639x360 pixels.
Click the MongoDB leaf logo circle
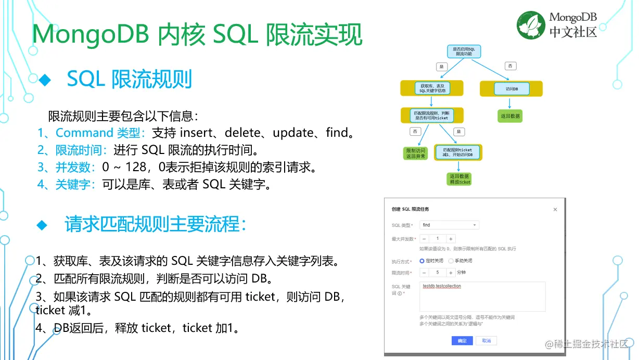(531, 25)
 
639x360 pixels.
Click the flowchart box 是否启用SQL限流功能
(464, 51)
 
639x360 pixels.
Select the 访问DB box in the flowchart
(511, 89)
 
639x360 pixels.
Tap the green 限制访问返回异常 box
(415, 153)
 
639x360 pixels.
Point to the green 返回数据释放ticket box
(459, 179)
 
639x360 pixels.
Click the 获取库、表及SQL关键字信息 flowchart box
(432, 88)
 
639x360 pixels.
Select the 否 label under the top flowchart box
(509, 66)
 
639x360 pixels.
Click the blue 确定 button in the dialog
(462, 341)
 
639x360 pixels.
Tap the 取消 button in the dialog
(487, 341)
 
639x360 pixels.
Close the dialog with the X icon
(555, 210)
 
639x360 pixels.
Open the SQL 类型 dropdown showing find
(449, 225)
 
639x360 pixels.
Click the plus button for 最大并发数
(451, 239)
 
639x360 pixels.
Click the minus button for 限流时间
(424, 273)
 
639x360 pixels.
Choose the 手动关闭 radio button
(451, 261)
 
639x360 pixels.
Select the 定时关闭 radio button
(422, 261)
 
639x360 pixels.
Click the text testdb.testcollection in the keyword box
(442, 287)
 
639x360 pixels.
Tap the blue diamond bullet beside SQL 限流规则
(45, 80)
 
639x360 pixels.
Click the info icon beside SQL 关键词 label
(400, 293)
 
